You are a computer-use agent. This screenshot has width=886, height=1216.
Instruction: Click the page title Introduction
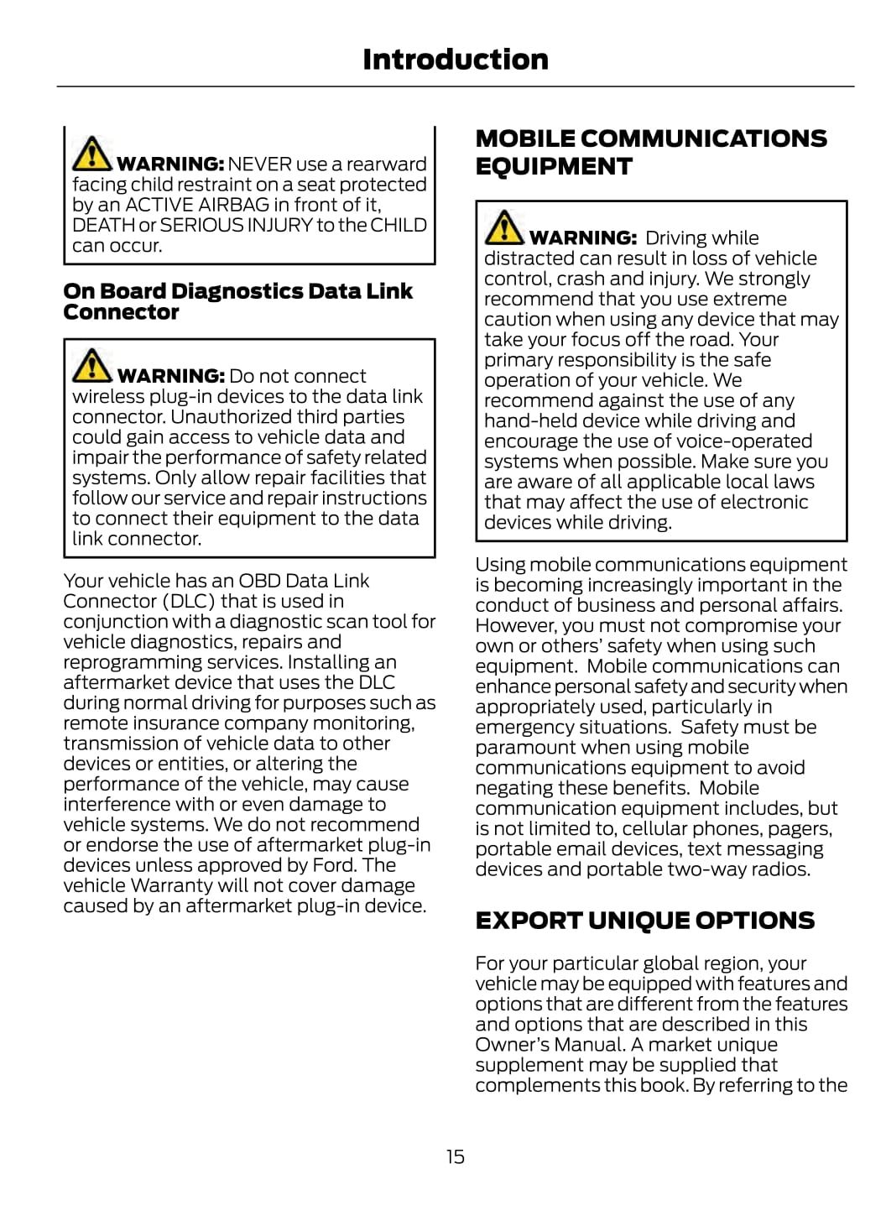(x=456, y=60)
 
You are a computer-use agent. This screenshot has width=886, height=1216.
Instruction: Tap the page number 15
(x=455, y=1157)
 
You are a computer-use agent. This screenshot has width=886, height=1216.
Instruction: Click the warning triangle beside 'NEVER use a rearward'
(x=91, y=154)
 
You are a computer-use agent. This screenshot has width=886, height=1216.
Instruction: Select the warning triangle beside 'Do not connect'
(x=91, y=365)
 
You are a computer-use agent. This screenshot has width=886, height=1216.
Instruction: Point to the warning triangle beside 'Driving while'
(x=503, y=227)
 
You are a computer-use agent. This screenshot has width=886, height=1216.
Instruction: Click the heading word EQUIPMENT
(x=554, y=167)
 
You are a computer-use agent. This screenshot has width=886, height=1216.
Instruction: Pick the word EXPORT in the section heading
(x=528, y=921)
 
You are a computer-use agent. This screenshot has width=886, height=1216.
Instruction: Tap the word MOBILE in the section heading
(x=525, y=138)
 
